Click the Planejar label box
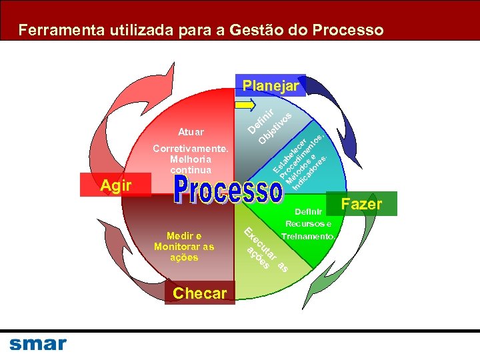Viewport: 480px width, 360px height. (x=271, y=86)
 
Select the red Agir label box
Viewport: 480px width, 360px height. (x=115, y=185)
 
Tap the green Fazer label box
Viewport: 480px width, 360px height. (x=361, y=204)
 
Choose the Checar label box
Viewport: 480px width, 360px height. (x=199, y=293)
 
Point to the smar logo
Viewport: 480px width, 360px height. (x=38, y=344)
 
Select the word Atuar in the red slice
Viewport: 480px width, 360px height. (x=191, y=132)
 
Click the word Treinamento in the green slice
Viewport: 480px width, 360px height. (x=308, y=237)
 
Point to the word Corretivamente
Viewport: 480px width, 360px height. (x=191, y=149)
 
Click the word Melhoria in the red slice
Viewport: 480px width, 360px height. (x=191, y=159)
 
